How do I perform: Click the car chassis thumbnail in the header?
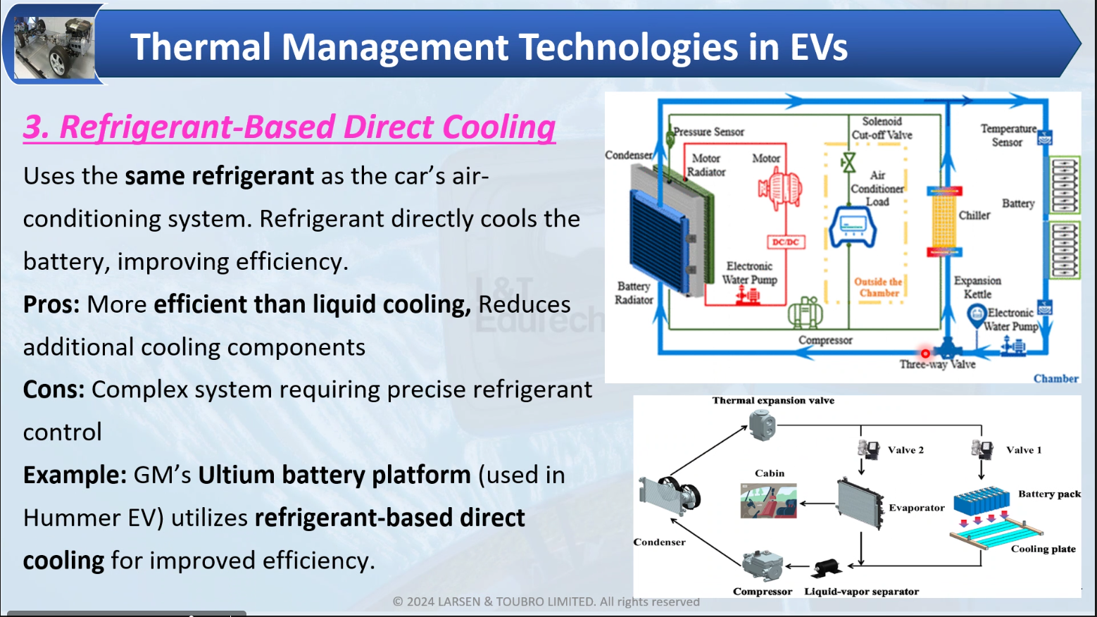(x=54, y=46)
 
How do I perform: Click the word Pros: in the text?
(x=51, y=304)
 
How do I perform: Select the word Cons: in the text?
(x=54, y=389)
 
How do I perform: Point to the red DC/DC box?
(x=786, y=242)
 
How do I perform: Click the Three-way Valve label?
(x=937, y=365)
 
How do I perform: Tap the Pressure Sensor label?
(x=708, y=132)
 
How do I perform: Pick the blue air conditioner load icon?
(x=852, y=226)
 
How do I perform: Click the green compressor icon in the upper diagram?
(x=805, y=313)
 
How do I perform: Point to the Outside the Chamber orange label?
(x=878, y=287)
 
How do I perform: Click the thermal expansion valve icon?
(x=762, y=425)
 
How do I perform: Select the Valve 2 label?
(x=905, y=450)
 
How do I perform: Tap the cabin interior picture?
(x=769, y=501)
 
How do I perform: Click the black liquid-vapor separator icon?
(x=826, y=567)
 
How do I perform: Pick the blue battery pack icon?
(x=982, y=501)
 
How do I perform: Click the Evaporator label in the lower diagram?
(x=916, y=508)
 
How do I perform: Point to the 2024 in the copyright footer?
(x=420, y=602)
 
